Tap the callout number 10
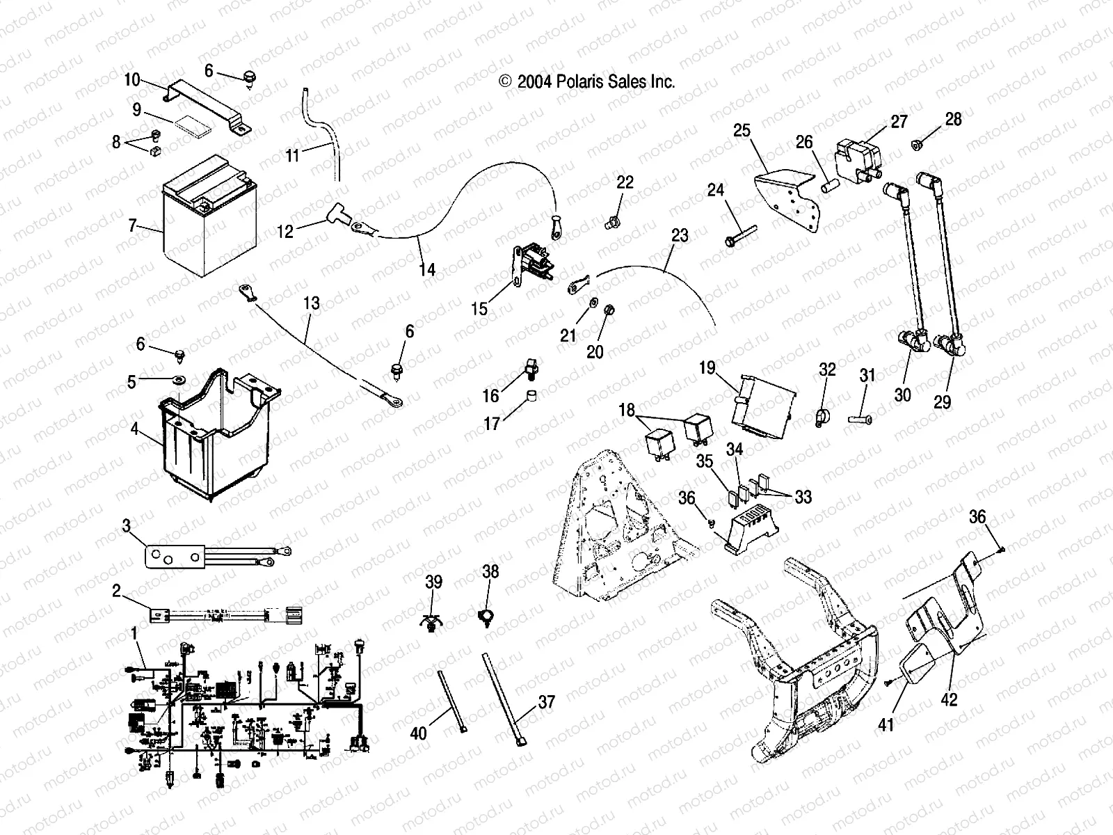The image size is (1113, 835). click(x=132, y=80)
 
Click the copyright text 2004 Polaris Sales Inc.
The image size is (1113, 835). click(x=587, y=81)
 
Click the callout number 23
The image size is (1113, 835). click(x=680, y=235)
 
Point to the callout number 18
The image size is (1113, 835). click(x=627, y=410)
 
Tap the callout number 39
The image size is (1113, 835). click(x=433, y=582)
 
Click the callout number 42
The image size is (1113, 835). click(x=949, y=699)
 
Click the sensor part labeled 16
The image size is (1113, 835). click(x=531, y=367)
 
